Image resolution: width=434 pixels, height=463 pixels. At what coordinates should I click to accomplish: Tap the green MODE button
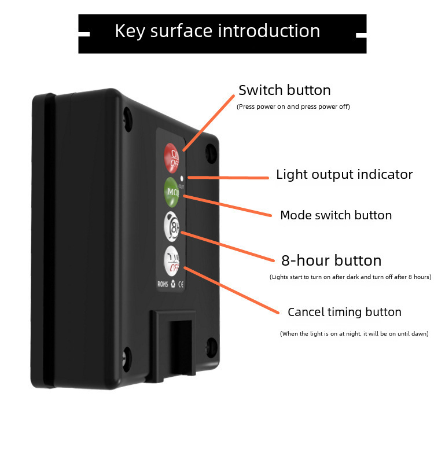point(172,192)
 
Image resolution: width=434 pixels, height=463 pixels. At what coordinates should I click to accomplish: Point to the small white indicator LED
point(182,178)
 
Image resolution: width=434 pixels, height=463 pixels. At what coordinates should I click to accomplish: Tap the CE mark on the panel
point(180,284)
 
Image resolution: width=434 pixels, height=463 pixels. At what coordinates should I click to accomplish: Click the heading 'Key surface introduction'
point(217,31)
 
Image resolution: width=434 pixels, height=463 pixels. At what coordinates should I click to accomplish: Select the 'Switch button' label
point(284,90)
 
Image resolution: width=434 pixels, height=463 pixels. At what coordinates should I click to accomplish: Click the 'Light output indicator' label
point(344,174)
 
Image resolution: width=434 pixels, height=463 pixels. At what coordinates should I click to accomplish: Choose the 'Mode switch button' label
point(336,215)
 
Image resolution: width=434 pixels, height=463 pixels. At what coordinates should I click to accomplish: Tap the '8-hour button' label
point(331,260)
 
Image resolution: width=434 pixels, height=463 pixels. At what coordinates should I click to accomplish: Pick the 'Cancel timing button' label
point(344,312)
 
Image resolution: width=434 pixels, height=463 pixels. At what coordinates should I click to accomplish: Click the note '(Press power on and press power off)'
point(293,106)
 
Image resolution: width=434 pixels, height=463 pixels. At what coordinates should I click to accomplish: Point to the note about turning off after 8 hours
point(350,278)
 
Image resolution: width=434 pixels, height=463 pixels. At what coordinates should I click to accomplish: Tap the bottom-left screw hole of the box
point(126,355)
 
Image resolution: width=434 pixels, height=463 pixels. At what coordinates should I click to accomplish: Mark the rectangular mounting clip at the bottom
point(174,344)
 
